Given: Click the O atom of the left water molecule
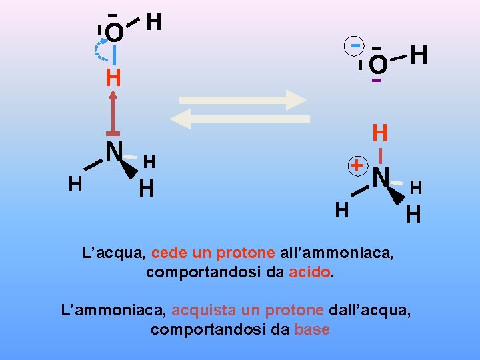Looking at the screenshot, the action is click(115, 32).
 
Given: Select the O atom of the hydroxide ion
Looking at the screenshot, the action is click(377, 65).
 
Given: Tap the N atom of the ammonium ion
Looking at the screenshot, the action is click(381, 177).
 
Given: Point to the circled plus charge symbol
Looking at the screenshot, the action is click(358, 165).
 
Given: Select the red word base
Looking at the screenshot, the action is click(311, 329).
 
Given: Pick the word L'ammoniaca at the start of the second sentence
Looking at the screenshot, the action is click(113, 311).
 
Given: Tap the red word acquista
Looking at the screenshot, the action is click(199, 311).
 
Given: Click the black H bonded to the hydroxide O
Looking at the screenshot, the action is click(419, 55).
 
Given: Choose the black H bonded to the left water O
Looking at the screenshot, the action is click(153, 22).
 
